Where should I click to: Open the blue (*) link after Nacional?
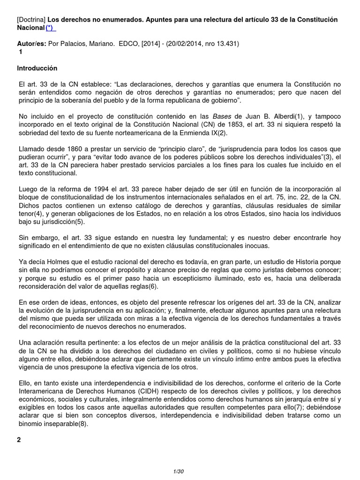(50, 29)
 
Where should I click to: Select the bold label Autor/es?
(31, 44)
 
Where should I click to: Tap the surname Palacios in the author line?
(75, 44)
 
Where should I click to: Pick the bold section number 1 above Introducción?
(21, 52)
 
